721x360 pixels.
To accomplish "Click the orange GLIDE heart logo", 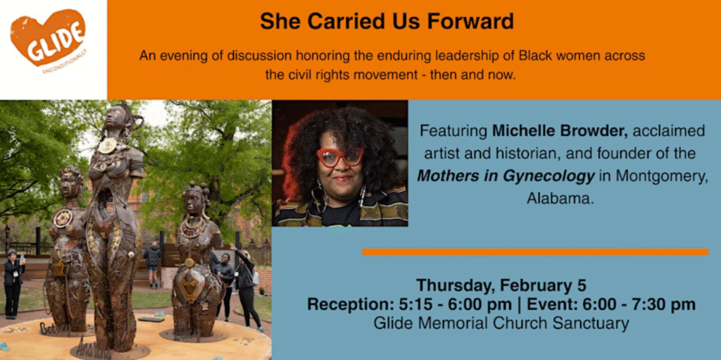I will (x=49, y=38).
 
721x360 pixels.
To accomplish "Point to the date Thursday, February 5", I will (x=501, y=286).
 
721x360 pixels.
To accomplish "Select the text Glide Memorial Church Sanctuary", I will (x=501, y=324).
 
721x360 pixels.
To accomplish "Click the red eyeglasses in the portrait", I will (x=339, y=156).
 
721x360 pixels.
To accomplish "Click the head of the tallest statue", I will (x=115, y=116).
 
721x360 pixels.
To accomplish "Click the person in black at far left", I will (x=13, y=282).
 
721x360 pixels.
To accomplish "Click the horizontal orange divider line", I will (x=534, y=252).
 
